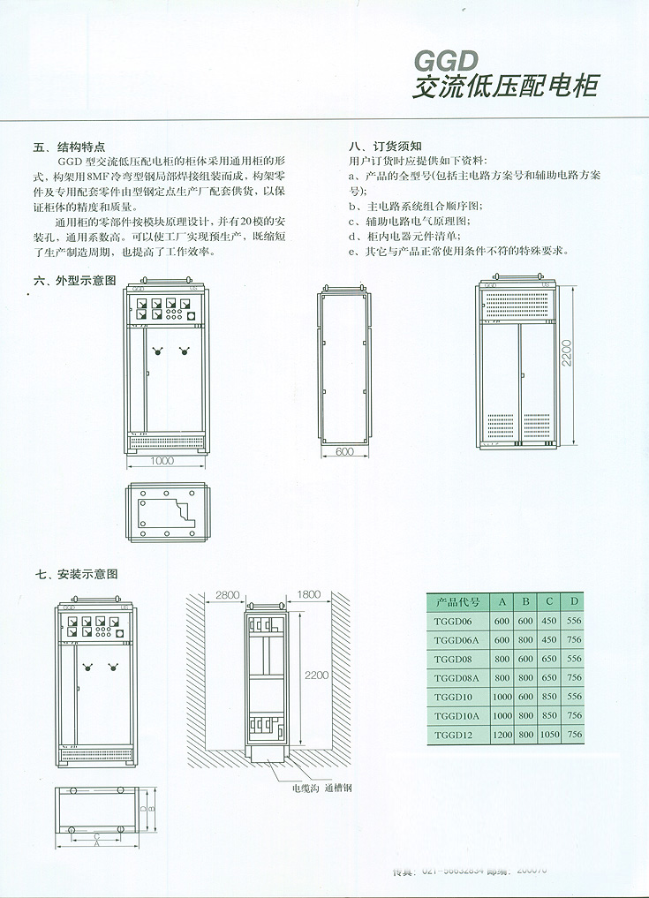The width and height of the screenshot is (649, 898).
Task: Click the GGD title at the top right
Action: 446,61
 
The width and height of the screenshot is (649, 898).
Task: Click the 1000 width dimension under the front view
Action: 162,461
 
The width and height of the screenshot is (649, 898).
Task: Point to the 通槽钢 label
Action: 339,788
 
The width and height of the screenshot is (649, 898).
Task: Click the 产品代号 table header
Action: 457,602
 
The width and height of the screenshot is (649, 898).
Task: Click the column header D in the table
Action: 575,602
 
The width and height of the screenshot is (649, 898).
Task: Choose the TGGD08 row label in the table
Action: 452,659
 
